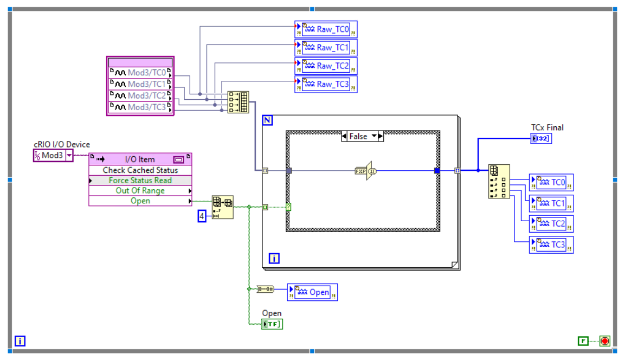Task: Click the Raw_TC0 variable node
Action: pos(326,29)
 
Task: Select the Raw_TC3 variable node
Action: pos(326,84)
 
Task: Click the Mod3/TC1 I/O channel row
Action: pos(140,84)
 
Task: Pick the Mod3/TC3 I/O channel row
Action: pos(140,107)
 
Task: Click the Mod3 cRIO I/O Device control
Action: pos(53,155)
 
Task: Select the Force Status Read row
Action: pos(140,181)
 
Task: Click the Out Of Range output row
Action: pos(140,191)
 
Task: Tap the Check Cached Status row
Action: pos(140,170)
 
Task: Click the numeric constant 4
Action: pos(202,216)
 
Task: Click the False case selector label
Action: pos(358,137)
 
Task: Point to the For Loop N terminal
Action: pos(267,120)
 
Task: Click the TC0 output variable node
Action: pos(551,182)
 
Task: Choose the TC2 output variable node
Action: pos(551,223)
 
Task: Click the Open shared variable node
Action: pos(312,292)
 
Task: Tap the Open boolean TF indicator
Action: pos(272,324)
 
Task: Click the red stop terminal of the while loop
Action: pos(605,341)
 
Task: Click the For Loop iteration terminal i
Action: pos(274,259)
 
